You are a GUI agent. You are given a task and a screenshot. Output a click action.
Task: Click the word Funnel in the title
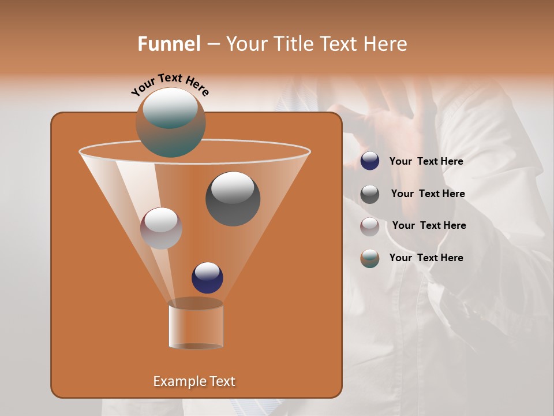point(169,44)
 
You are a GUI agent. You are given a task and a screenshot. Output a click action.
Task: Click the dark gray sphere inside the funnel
point(233,199)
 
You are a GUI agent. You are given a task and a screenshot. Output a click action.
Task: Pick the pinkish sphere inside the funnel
point(162,228)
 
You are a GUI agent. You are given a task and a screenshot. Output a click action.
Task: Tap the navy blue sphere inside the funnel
point(207,277)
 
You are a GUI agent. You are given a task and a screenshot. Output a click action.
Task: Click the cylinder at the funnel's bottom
point(196,325)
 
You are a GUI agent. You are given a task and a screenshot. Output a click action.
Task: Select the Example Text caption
point(194,381)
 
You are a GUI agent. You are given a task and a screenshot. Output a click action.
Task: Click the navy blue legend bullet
point(370,161)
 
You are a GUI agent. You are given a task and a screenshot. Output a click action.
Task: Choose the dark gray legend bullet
point(370,194)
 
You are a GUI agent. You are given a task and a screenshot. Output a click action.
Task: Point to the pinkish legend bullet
point(370,226)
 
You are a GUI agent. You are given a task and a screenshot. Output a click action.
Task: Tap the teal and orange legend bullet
point(370,258)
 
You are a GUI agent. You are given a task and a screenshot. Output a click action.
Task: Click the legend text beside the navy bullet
point(426,162)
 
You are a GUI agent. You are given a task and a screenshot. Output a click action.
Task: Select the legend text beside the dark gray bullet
point(428,194)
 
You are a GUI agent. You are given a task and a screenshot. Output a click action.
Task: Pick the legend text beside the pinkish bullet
point(429,226)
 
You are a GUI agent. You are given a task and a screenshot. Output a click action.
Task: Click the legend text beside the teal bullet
point(426,258)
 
